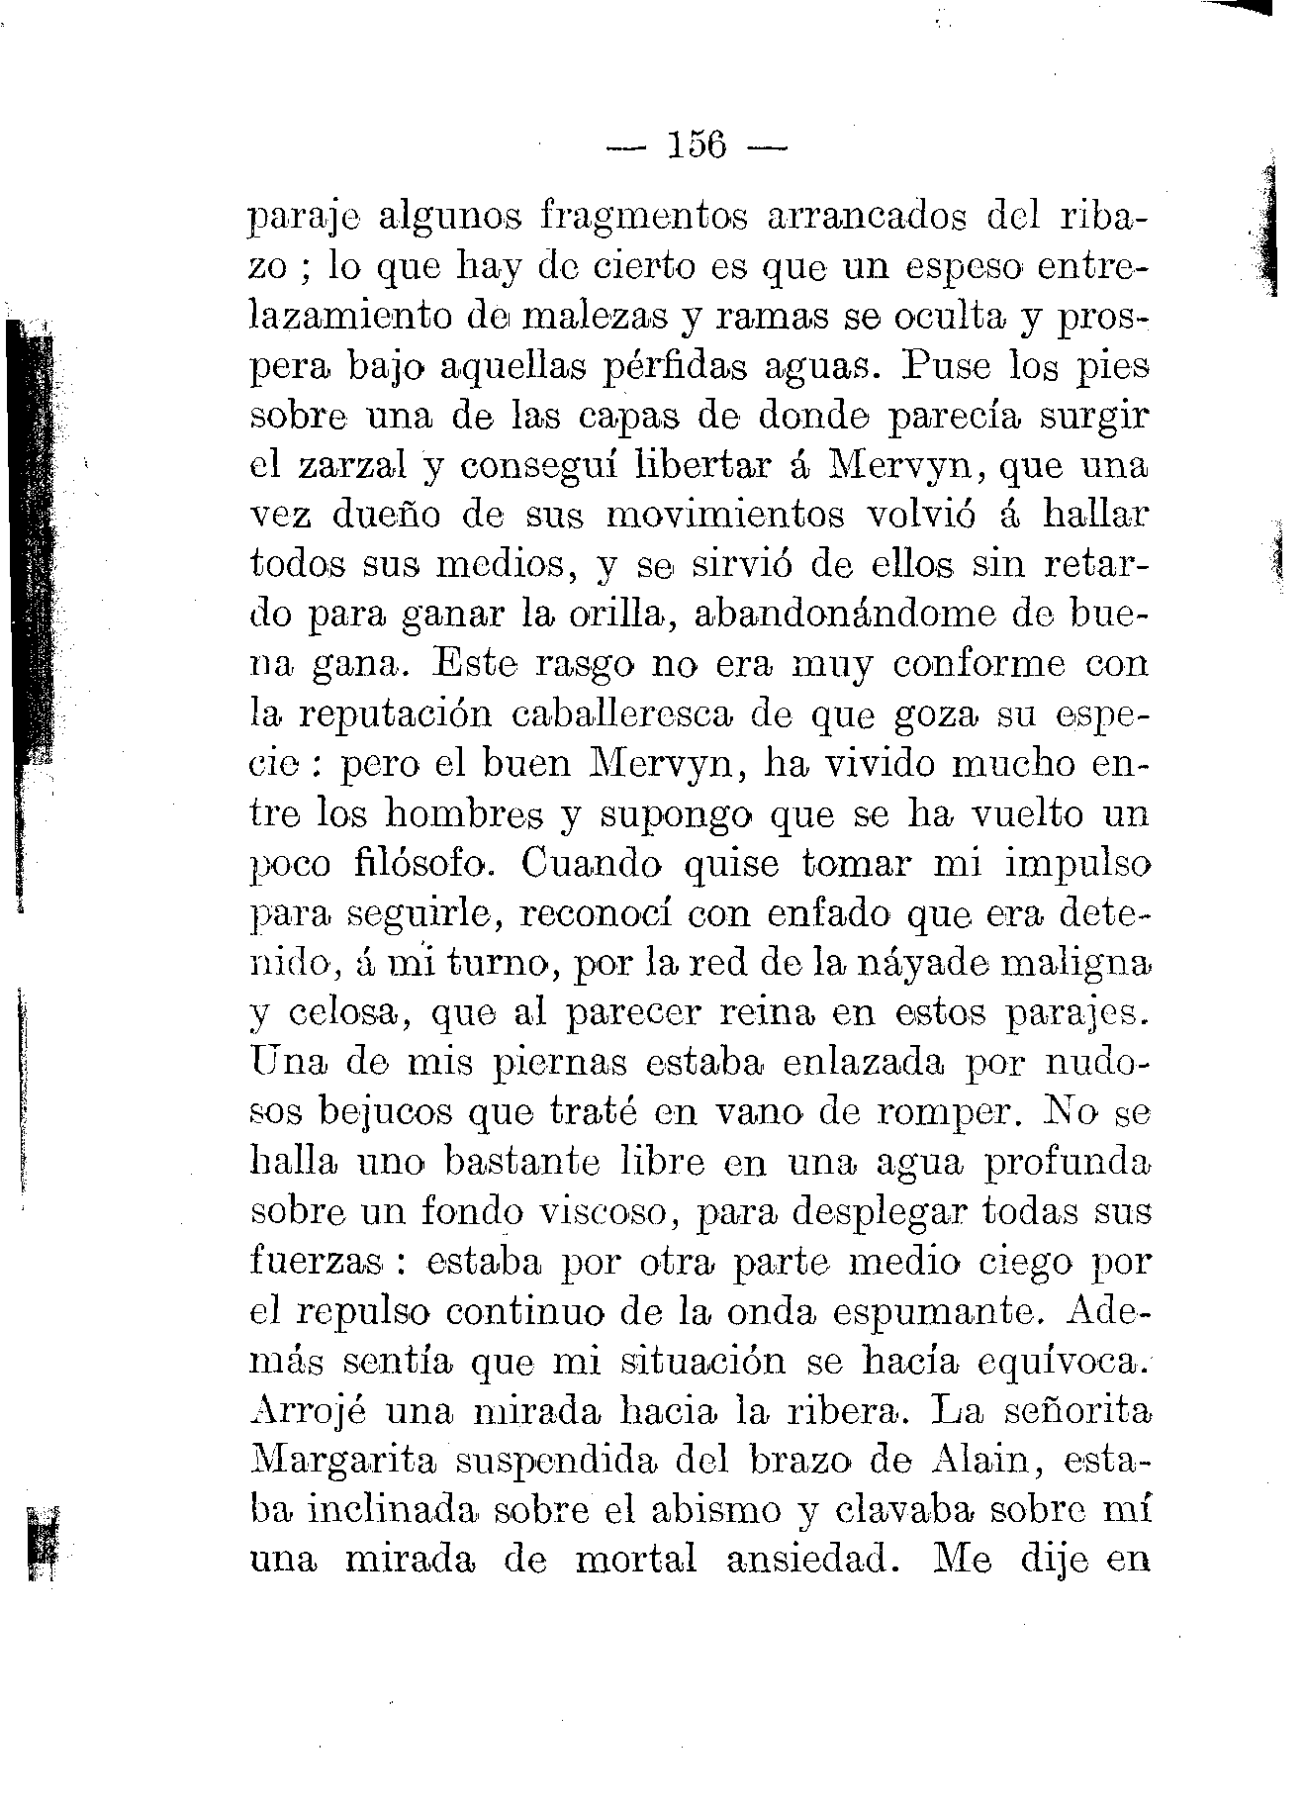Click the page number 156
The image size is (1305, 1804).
[x=698, y=146]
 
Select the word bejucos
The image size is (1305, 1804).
[x=389, y=1114]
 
